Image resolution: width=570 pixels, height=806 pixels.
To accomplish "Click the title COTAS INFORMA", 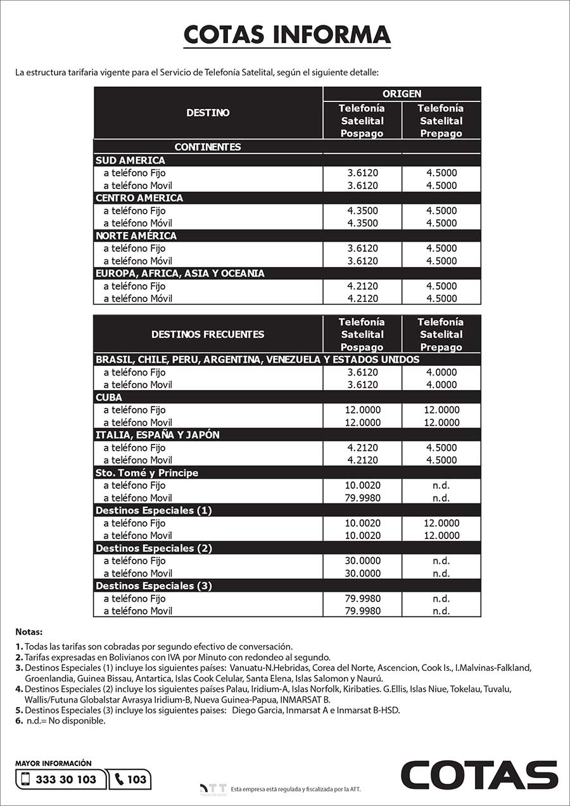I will coord(287,34).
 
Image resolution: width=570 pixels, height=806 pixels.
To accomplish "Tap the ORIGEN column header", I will coord(402,94).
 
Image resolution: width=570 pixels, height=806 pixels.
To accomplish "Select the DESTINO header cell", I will coord(208,113).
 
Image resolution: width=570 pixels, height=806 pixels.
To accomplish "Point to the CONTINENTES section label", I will coord(208,147).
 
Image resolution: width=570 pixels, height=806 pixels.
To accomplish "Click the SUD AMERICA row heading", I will coord(130,160).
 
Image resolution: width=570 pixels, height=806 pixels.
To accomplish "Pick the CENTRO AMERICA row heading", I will coord(139,198).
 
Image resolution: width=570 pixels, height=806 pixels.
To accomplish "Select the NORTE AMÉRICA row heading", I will coord(136,236).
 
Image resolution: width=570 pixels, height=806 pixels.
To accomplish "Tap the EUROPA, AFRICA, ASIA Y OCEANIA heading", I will coord(180,273).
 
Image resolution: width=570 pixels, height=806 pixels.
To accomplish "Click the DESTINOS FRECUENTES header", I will coord(208,334).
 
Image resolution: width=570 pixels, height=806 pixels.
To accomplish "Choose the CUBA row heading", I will coord(109,398).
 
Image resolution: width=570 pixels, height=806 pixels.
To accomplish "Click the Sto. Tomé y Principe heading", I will coord(147,473).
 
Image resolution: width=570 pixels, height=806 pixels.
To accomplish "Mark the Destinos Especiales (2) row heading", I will coord(154,549).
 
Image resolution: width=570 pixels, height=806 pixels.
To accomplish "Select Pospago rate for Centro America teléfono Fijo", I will coord(362,211).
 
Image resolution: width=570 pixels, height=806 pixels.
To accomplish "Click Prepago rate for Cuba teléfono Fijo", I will coord(441,410).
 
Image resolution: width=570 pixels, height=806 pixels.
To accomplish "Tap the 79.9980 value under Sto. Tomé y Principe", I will coord(362,498).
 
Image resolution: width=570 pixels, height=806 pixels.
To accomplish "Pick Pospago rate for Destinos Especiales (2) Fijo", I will coord(362,561).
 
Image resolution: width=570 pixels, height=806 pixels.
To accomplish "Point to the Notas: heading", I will coord(29,632).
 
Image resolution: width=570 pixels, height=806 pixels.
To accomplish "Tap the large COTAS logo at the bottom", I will coord(479,775).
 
